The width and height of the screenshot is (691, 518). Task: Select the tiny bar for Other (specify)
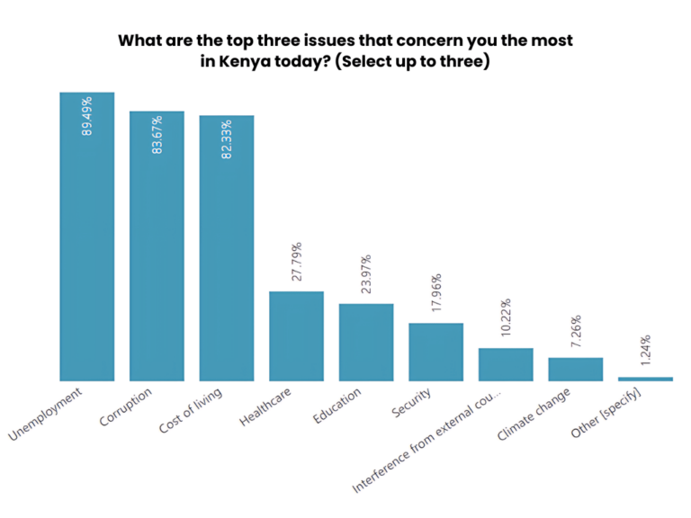(645, 379)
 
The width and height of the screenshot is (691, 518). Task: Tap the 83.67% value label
(157, 135)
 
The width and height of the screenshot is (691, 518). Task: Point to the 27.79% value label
(297, 263)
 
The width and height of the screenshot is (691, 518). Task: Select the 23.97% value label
(366, 275)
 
